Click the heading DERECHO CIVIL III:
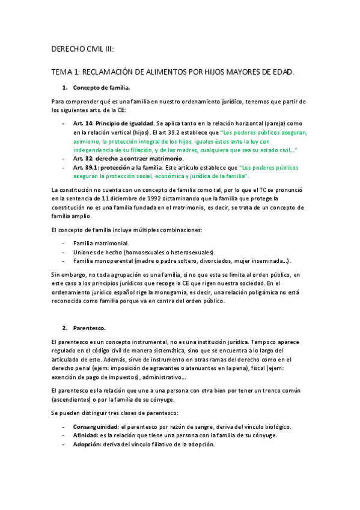(x=83, y=49)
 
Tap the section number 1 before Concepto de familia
(x=65, y=88)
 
